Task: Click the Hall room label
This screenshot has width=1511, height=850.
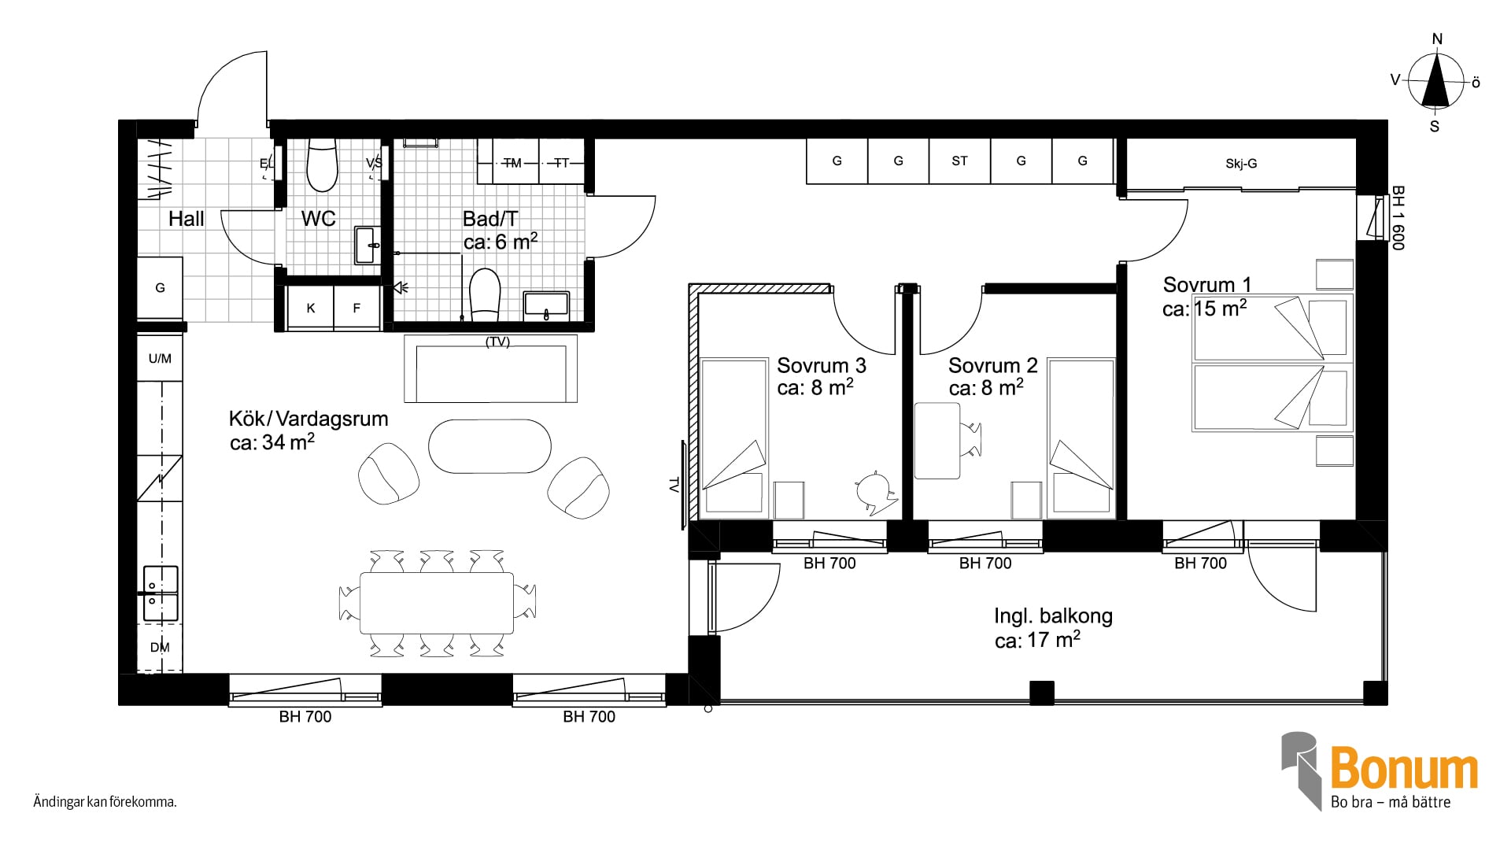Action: tap(186, 219)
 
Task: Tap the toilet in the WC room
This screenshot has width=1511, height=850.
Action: tap(321, 165)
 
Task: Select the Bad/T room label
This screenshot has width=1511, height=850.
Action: tap(490, 218)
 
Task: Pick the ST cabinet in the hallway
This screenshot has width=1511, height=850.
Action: tap(959, 161)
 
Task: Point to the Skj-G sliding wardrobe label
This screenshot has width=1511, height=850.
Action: tap(1241, 164)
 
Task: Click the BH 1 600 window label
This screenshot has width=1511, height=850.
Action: tap(1398, 218)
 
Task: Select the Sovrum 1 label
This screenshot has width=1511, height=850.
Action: tap(1206, 284)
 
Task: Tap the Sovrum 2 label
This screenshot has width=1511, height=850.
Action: tap(992, 365)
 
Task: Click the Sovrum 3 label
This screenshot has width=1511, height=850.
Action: tap(821, 365)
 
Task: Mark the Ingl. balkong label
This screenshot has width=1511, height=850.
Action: tap(1053, 615)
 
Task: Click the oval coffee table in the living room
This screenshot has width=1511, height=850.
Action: tap(490, 446)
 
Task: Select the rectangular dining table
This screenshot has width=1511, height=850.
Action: tap(437, 603)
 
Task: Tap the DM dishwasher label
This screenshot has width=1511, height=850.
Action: tap(160, 648)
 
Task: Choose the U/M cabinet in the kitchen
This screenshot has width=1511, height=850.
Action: tap(160, 359)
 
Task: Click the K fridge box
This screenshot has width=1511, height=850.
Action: tap(310, 308)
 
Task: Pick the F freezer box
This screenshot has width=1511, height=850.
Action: tap(357, 308)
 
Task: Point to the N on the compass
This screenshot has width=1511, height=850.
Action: tap(1437, 39)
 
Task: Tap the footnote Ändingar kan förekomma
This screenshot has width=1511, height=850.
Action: tap(105, 803)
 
